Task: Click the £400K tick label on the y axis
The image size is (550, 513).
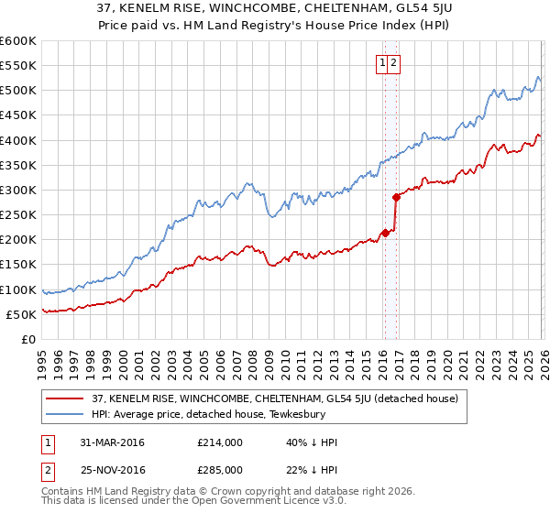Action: click(17, 140)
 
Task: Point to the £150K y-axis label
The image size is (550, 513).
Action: click(17, 265)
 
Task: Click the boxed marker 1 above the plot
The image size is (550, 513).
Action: click(381, 63)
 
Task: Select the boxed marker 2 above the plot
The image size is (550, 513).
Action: click(393, 63)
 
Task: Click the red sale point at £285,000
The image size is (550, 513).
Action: click(396, 197)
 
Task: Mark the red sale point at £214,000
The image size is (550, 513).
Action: click(386, 233)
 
